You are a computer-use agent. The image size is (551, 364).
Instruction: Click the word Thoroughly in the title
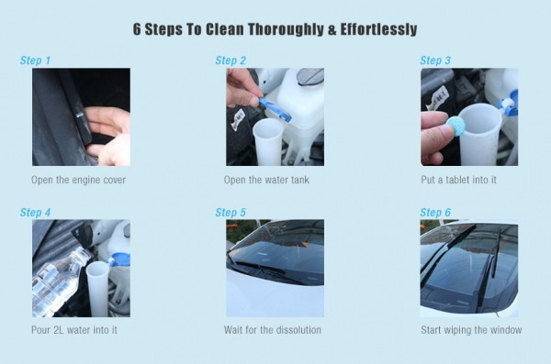(286, 29)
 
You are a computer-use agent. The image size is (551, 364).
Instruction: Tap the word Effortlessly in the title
(378, 29)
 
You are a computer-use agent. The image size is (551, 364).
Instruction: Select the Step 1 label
(35, 61)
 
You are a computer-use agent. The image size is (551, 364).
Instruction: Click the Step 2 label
(231, 61)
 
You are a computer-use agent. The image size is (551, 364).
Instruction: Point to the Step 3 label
(435, 61)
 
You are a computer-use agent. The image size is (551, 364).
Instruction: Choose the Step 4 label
(35, 213)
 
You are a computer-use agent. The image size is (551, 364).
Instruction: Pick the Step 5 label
(231, 213)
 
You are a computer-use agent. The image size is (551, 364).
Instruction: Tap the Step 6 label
(435, 213)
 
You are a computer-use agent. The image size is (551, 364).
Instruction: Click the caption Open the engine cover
(78, 180)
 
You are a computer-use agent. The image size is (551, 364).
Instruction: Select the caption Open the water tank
(266, 180)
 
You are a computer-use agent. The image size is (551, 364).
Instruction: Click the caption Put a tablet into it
(458, 180)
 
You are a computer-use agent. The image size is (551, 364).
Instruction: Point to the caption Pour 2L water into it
(74, 330)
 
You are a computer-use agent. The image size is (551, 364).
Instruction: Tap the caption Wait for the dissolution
(273, 330)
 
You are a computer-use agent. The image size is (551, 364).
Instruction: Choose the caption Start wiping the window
(471, 330)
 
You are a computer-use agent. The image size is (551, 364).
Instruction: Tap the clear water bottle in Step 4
(58, 281)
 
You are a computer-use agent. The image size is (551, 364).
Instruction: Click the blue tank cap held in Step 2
(275, 109)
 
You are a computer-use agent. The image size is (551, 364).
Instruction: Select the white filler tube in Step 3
(479, 134)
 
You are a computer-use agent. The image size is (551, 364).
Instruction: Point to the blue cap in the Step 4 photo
(119, 259)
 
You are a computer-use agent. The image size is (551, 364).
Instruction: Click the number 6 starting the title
(137, 29)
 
